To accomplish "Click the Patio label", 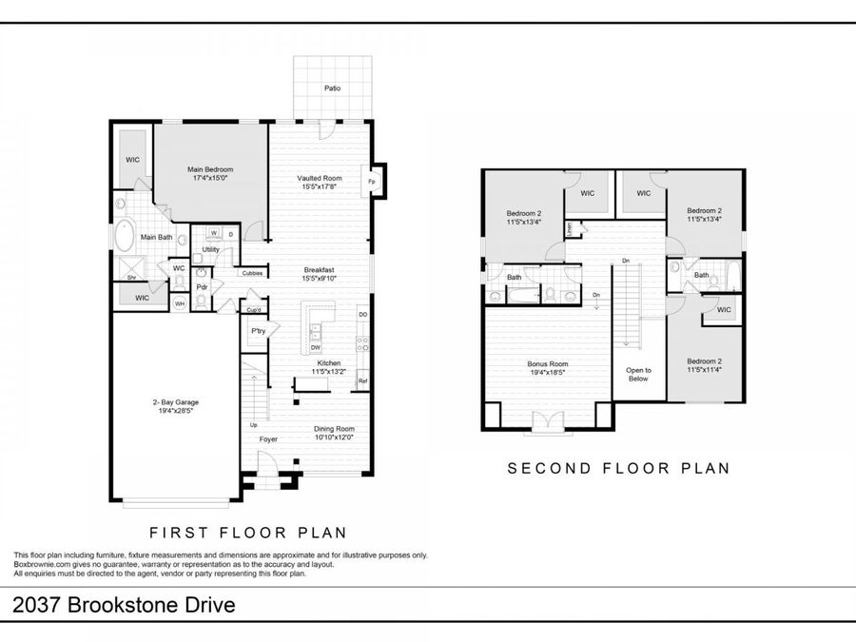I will (331, 88).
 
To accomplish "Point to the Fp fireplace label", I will (371, 181).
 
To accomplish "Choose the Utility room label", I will (210, 250).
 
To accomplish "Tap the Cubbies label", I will (252, 273).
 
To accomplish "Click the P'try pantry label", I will (257, 331).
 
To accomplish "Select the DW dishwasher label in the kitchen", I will (314, 348).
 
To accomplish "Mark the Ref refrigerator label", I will (362, 381).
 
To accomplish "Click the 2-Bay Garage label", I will (175, 402).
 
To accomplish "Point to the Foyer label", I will (269, 439).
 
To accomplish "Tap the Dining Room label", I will (334, 429).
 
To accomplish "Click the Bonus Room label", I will (547, 363).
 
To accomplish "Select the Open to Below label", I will (638, 374).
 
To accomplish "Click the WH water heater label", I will (179, 304).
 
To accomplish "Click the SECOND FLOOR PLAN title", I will (618, 468).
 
